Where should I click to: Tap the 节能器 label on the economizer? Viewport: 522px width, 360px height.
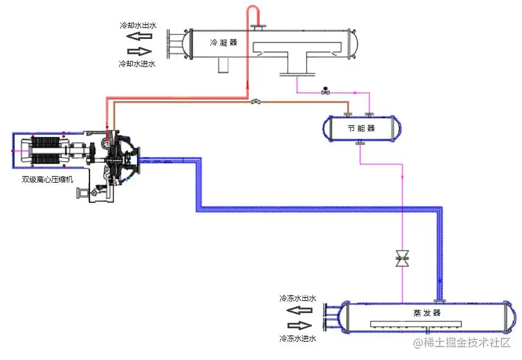pyautogui.click(x=361, y=129)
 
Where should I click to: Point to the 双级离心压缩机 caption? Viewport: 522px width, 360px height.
pyautogui.click(x=47, y=179)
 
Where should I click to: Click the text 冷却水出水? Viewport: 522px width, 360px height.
pyautogui.click(x=137, y=26)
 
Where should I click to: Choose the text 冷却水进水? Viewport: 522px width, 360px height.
pyautogui.click(x=137, y=63)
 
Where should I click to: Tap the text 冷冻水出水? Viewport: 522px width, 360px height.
pyautogui.click(x=297, y=298)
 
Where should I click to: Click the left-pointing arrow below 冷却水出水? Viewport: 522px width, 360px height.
pyautogui.click(x=139, y=37)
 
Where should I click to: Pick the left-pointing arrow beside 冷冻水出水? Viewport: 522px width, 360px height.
pyautogui.click(x=300, y=309)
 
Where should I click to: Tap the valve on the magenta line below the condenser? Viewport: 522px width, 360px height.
pyautogui.click(x=325, y=91)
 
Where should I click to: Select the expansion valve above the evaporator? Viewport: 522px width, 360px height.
pyautogui.click(x=402, y=259)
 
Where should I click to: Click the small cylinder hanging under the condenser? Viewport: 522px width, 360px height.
pyautogui.click(x=223, y=65)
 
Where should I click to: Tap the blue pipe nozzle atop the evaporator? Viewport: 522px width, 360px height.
pyautogui.click(x=439, y=298)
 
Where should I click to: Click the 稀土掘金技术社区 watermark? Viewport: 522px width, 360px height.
pyautogui.click(x=461, y=343)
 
